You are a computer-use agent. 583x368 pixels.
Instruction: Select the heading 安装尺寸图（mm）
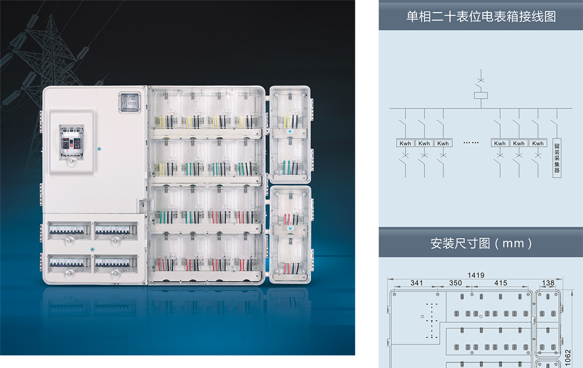[x=481, y=243]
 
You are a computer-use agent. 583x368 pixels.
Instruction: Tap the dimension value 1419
[x=476, y=275]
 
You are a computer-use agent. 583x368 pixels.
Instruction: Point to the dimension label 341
[x=416, y=283]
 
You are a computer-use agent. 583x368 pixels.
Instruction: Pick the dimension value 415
[x=500, y=283]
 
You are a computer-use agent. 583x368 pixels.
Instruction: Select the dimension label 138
[x=548, y=283]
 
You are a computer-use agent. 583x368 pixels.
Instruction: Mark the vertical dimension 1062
[x=568, y=357]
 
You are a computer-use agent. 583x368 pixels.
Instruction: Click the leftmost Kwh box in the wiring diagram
[x=405, y=143]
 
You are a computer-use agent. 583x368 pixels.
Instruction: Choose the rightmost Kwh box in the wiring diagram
[x=538, y=143]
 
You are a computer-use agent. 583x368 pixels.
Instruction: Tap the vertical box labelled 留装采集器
[x=557, y=158]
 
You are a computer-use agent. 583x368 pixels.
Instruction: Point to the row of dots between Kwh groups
[x=471, y=143]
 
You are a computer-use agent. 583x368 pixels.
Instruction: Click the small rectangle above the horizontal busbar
[x=481, y=96]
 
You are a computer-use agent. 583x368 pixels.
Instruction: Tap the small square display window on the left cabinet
[x=130, y=101]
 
